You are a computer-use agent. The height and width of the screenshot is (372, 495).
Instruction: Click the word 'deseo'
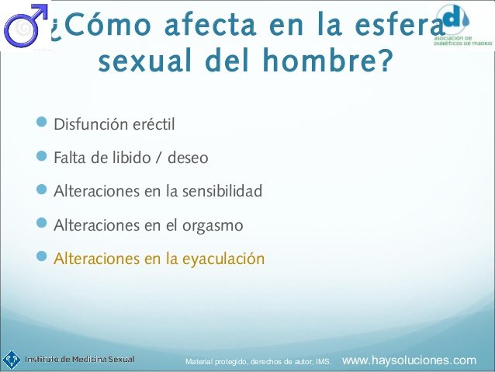pyautogui.click(x=188, y=158)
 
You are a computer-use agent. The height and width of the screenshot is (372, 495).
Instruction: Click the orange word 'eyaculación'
pyautogui.click(x=223, y=259)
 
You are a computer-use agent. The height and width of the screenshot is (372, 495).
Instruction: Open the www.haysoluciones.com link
pyautogui.click(x=409, y=360)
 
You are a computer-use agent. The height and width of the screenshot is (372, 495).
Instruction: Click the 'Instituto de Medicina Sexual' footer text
pyautogui.click(x=80, y=360)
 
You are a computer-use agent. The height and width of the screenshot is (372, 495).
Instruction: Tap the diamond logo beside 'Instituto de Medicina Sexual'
pyautogui.click(x=12, y=360)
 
